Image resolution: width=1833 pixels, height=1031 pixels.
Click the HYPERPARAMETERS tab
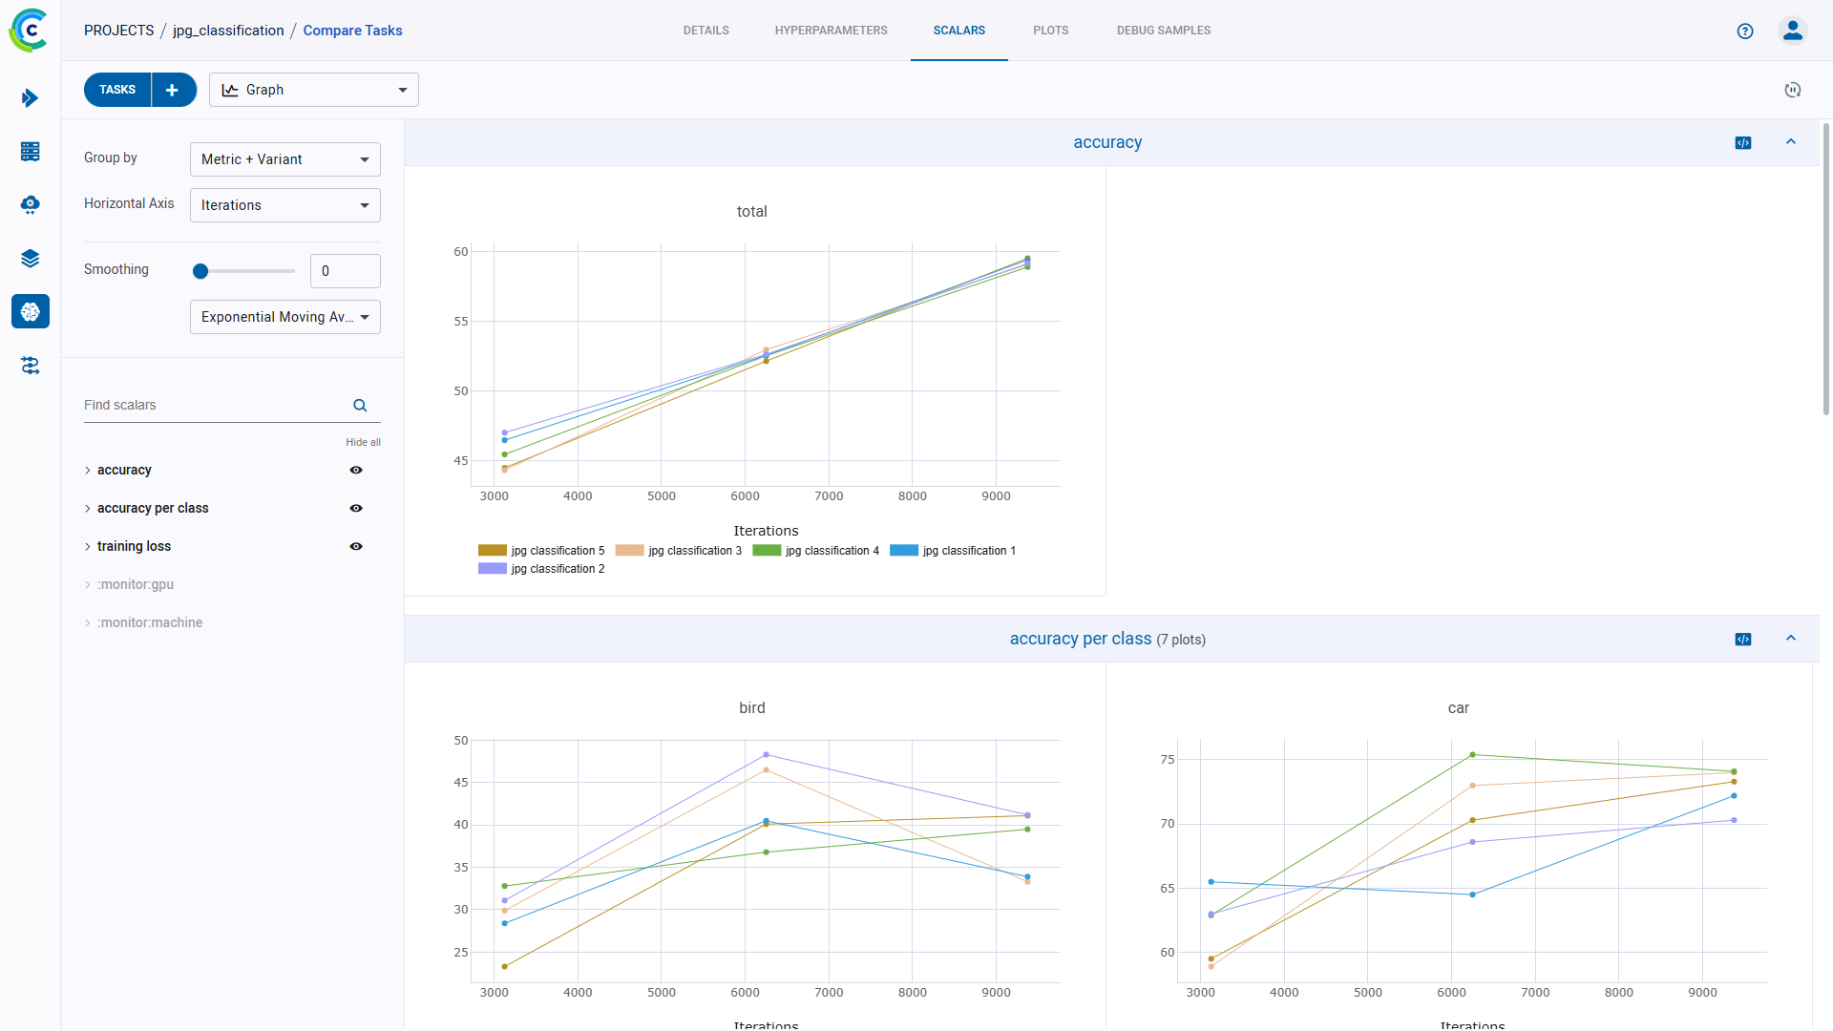click(x=831, y=31)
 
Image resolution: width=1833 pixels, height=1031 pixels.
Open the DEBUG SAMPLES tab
click(x=1163, y=31)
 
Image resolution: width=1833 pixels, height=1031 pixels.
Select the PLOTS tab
click(x=1050, y=31)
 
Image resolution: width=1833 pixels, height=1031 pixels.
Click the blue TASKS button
click(x=117, y=90)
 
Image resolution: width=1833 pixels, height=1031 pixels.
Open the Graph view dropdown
click(x=314, y=90)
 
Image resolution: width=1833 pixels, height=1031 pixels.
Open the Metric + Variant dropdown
click(x=284, y=159)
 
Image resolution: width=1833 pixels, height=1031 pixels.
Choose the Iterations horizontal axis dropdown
click(x=284, y=205)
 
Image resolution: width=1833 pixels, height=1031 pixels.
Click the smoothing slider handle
click(x=200, y=271)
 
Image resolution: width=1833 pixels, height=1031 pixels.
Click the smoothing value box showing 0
click(x=345, y=271)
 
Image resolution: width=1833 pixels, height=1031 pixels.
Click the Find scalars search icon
click(x=360, y=406)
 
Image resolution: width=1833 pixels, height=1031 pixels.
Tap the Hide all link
click(x=363, y=442)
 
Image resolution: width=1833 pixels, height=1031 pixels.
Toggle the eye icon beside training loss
click(x=356, y=546)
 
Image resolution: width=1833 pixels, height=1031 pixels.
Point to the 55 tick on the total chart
click(x=461, y=322)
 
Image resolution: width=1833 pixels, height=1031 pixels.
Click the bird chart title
click(x=751, y=707)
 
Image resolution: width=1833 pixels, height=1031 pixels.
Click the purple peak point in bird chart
click(x=766, y=755)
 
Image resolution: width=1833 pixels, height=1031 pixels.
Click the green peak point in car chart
click(x=1472, y=755)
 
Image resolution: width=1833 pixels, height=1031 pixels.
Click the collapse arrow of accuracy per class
click(x=1791, y=639)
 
